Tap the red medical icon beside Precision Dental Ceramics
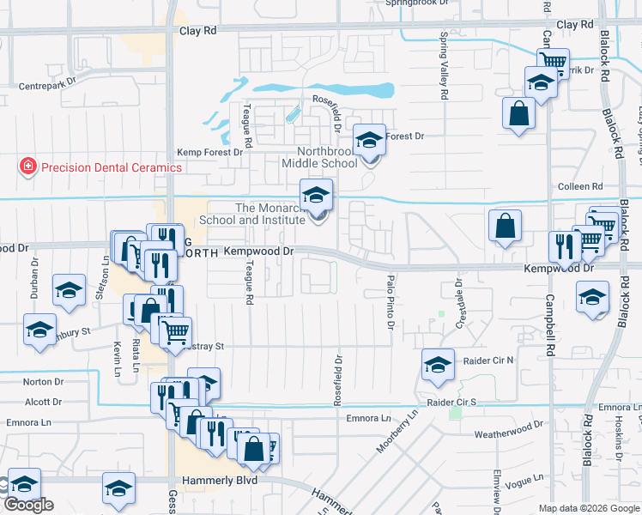click(28, 166)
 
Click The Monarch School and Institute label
click(251, 214)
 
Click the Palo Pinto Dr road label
click(391, 300)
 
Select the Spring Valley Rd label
click(444, 67)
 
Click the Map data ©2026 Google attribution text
click(588, 508)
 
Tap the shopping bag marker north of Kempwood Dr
click(506, 226)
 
